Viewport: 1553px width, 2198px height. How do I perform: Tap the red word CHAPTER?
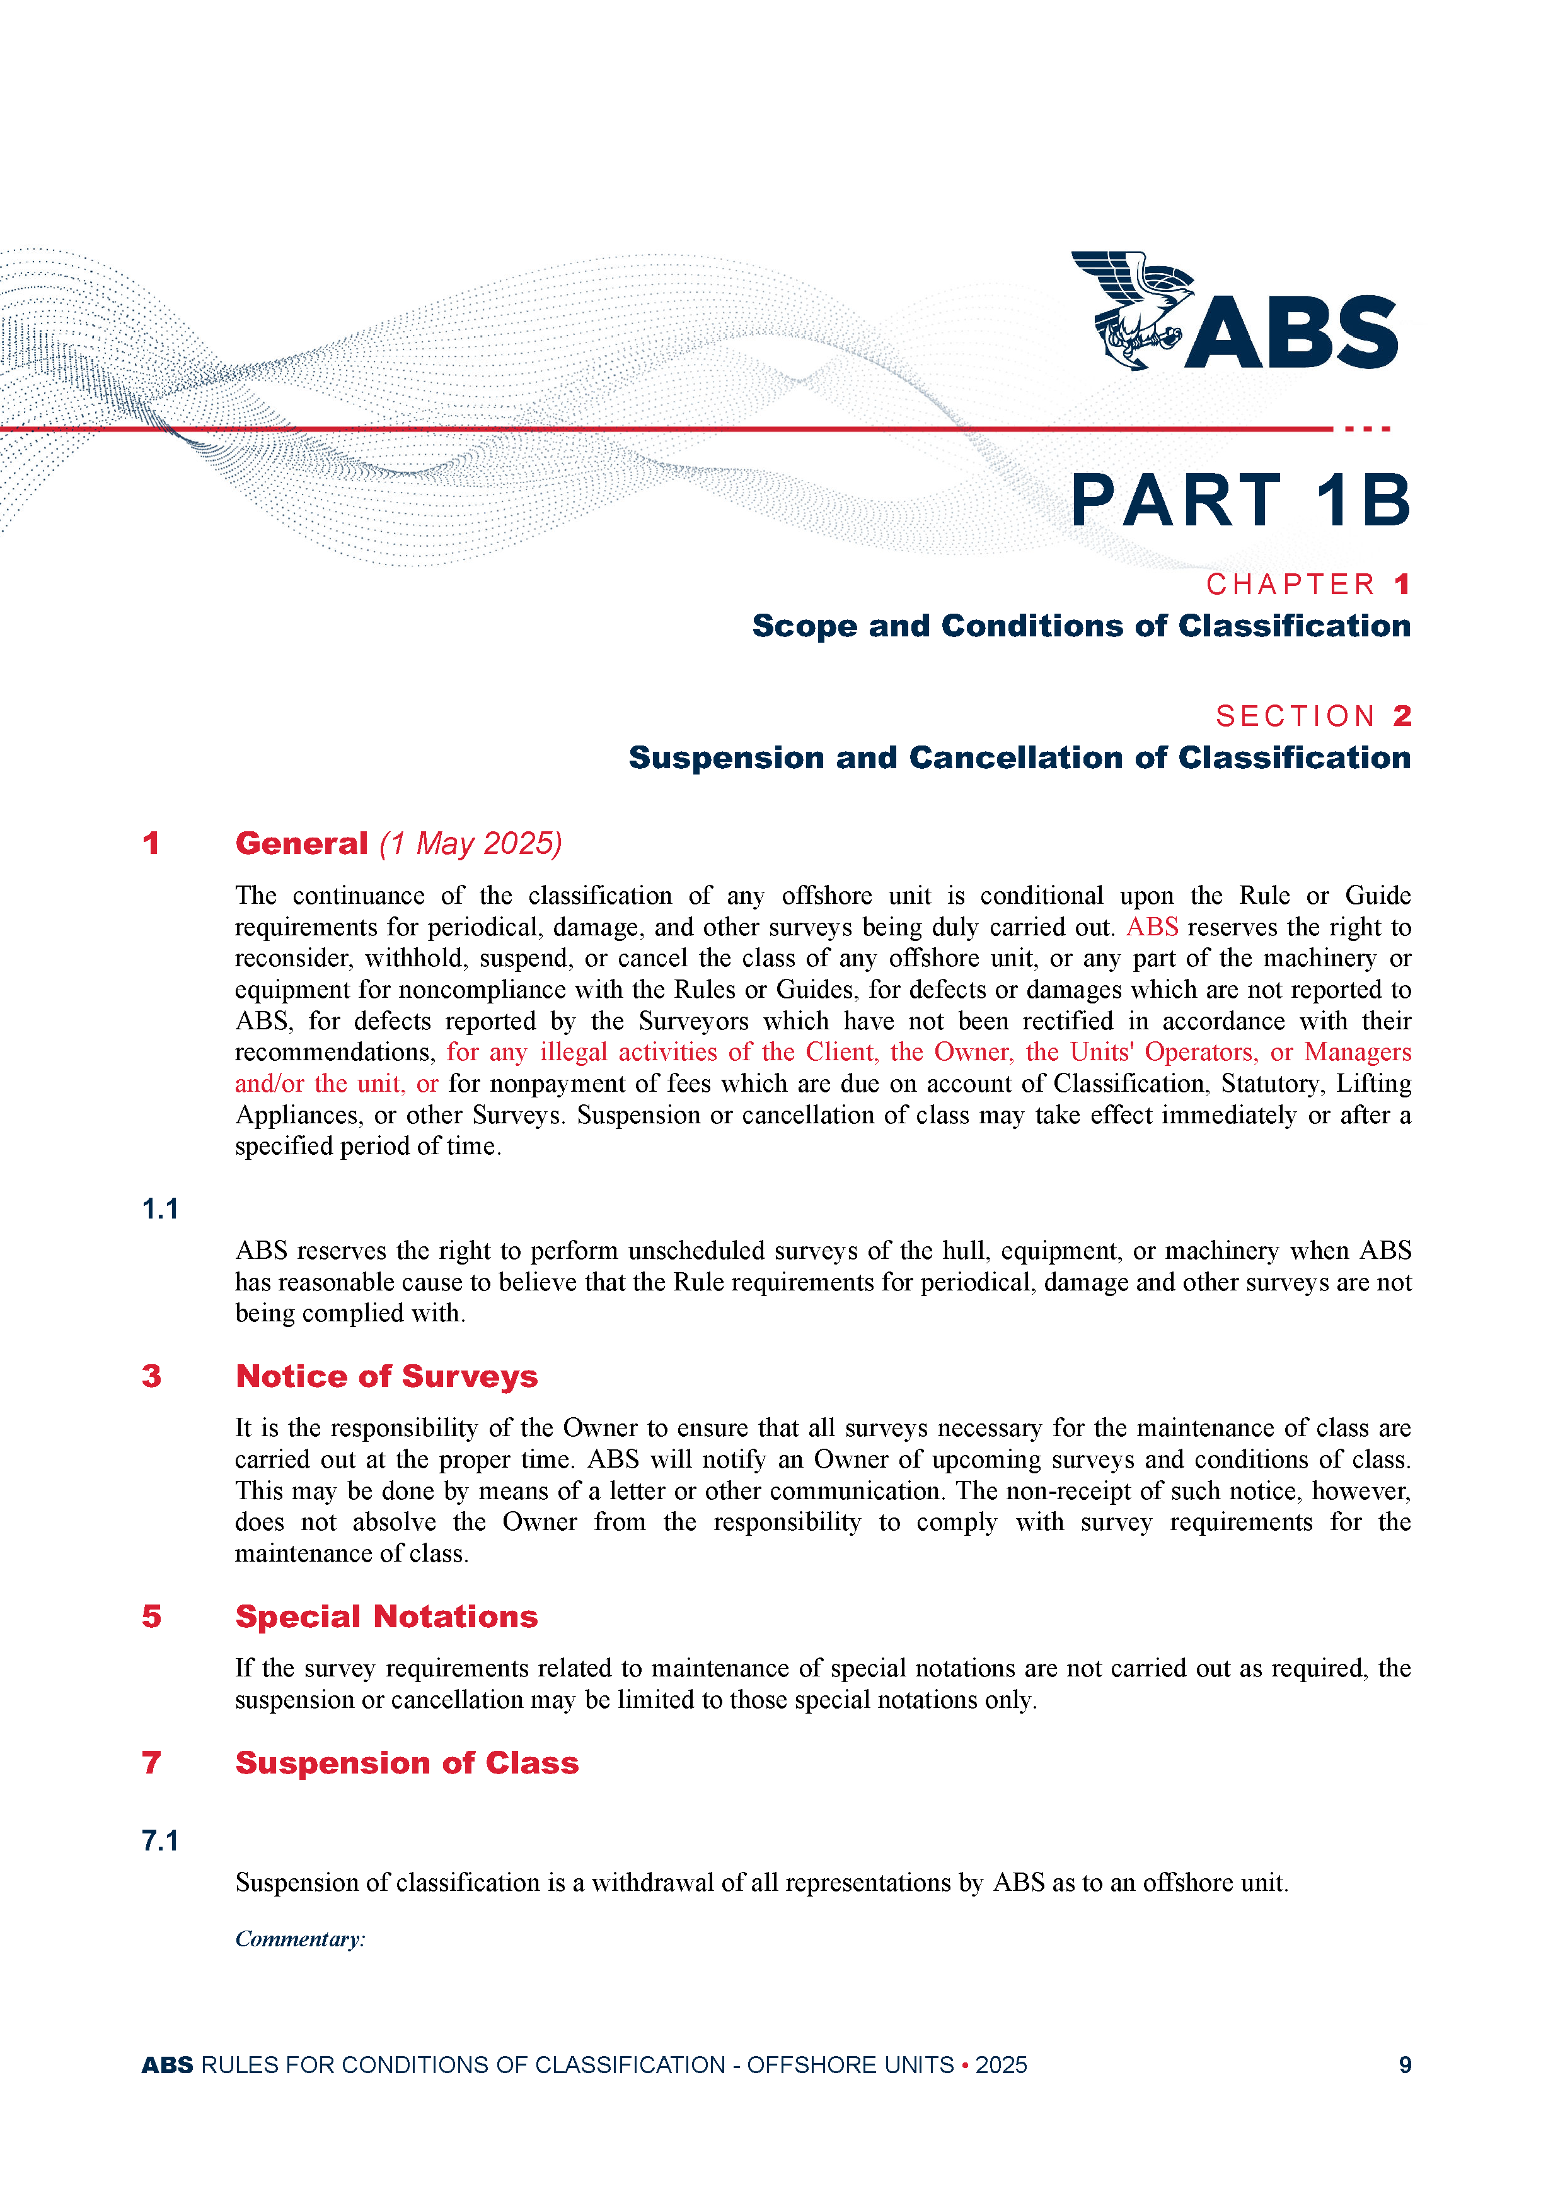(x=1290, y=584)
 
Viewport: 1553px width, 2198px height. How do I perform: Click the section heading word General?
(x=301, y=843)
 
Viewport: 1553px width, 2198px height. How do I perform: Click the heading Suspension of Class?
(x=407, y=1763)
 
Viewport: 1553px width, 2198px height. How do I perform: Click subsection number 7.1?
(x=161, y=1841)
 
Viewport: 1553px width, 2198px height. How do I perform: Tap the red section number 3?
(x=151, y=1377)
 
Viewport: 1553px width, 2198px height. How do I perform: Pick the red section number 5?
(x=151, y=1617)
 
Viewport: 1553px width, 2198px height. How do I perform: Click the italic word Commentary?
(x=299, y=1939)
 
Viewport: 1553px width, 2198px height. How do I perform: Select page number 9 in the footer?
(x=1405, y=2065)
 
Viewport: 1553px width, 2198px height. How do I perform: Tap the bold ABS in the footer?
(x=168, y=2065)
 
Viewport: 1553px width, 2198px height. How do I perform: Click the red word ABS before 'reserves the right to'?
(x=1152, y=928)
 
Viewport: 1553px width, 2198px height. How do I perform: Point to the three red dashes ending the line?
(x=1367, y=429)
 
